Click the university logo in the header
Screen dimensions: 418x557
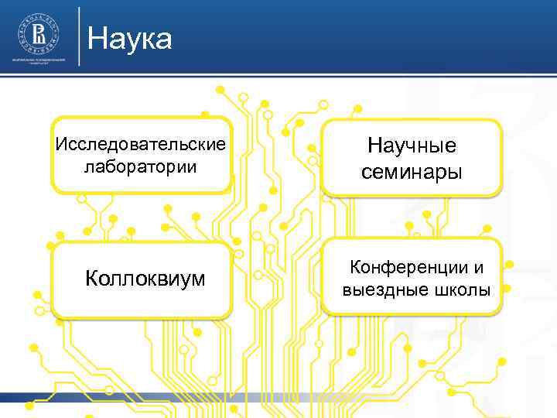(x=36, y=33)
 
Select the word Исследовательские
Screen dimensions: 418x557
(x=141, y=145)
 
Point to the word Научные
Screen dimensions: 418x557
(x=412, y=146)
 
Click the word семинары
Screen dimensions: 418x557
(x=412, y=172)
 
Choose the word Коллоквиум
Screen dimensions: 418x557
(x=145, y=279)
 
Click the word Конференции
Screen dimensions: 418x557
(x=408, y=268)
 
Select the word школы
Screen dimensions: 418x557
(x=462, y=290)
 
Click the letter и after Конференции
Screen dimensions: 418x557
(x=479, y=269)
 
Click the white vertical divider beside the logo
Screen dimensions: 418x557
(x=79, y=36)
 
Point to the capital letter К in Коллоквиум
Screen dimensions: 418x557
(x=91, y=279)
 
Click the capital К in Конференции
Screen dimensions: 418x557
(x=357, y=268)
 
